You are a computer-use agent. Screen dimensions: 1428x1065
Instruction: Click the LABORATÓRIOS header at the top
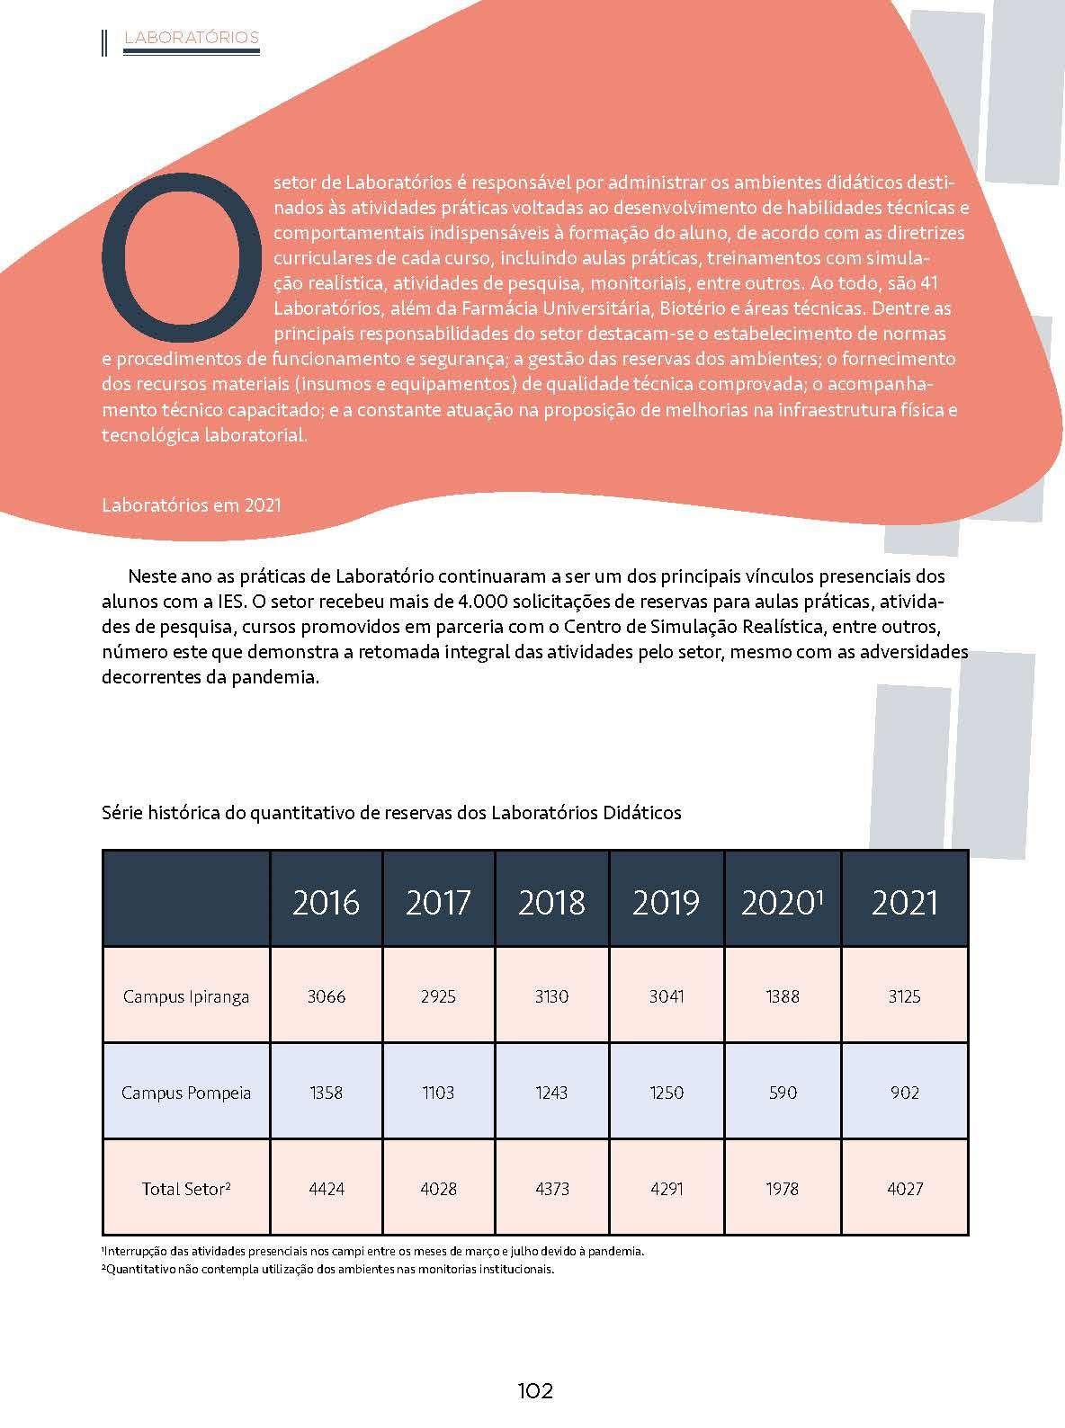coord(192,37)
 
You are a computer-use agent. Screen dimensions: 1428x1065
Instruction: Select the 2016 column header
coord(326,902)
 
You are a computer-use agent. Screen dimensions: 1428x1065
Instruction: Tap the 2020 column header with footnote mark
coord(782,902)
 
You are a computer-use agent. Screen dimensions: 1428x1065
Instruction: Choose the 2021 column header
coord(904,902)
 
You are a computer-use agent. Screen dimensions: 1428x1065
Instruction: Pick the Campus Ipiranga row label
coord(186,996)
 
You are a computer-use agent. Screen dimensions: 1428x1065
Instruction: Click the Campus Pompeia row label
coord(186,1093)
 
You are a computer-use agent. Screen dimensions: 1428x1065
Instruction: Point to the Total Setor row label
coord(186,1188)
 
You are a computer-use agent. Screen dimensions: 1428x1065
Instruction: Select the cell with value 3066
coord(326,996)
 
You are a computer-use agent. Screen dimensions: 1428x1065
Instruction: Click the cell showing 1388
coord(782,996)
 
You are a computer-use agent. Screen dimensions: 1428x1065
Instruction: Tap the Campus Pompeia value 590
coord(782,1093)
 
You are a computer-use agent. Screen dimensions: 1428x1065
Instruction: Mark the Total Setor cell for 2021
coord(904,1188)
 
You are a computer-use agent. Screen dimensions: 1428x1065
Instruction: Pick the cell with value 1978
coord(782,1188)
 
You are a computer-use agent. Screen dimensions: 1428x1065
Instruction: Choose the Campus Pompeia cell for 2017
coord(439,1093)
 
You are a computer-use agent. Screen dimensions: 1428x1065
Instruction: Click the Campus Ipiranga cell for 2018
coord(551,996)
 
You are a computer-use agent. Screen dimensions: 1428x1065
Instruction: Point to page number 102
coord(534,1391)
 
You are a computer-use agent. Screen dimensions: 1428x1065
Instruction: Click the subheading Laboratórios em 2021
coord(192,504)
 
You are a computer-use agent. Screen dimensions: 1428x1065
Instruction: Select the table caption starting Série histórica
coord(391,813)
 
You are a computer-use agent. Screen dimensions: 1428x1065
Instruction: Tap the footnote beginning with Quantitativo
coord(328,1270)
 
